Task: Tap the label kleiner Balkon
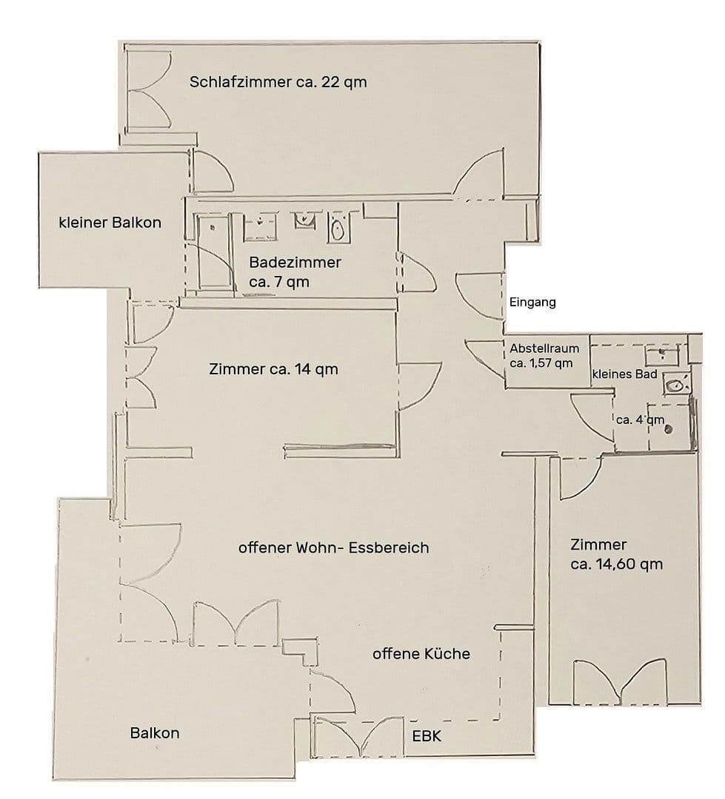pos(110,222)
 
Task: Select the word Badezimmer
pos(295,263)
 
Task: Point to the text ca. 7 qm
pos(280,282)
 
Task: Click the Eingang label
pos(532,303)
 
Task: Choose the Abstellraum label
pos(544,348)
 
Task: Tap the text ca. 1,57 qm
pos(541,363)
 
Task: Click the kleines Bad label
pos(624,374)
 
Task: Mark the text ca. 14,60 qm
pos(616,564)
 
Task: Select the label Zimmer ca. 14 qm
pos(273,368)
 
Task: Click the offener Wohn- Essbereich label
pos(333,548)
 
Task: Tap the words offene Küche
pos(421,654)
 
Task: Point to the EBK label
pos(427,736)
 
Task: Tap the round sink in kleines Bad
pos(675,384)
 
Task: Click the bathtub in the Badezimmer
pos(213,255)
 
